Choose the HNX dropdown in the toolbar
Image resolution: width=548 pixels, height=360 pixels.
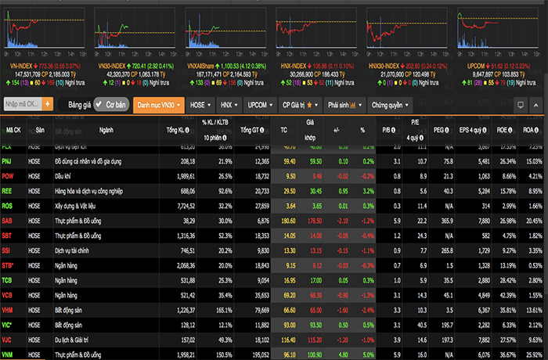coord(228,103)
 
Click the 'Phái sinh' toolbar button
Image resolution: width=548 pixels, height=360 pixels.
coord(343,103)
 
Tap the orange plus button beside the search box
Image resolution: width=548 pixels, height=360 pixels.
coord(48,103)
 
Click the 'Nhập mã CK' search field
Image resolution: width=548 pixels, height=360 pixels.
coord(22,103)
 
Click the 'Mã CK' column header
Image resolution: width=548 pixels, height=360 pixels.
coord(14,130)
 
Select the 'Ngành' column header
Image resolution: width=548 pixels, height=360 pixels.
coord(106,130)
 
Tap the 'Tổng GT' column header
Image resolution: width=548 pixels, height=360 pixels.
coord(252,130)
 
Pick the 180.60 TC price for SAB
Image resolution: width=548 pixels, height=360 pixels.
coord(288,221)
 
